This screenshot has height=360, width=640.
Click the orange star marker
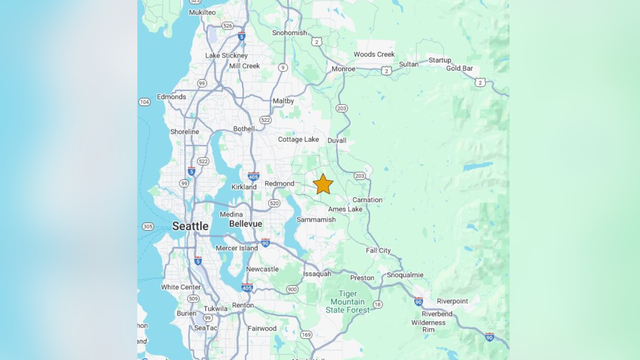pos(323,184)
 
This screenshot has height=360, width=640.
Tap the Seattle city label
pos(190,227)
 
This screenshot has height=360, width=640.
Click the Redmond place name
pos(279,184)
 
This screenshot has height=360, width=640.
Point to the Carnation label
pos(367,200)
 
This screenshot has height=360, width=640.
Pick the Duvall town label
pos(336,141)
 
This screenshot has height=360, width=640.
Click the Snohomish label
pos(289,32)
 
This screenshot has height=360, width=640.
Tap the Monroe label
pos(343,69)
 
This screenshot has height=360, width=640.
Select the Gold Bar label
pos(467,68)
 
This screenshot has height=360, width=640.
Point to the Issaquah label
pos(316,272)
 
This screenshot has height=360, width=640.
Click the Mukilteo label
pos(201,13)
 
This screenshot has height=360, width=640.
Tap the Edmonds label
pos(172,97)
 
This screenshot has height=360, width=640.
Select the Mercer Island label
pos(235,248)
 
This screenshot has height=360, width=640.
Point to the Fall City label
pos(378,250)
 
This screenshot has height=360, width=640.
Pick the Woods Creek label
pos(374,54)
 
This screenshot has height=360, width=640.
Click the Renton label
pos(243,305)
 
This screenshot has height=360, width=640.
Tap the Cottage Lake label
pos(298,139)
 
